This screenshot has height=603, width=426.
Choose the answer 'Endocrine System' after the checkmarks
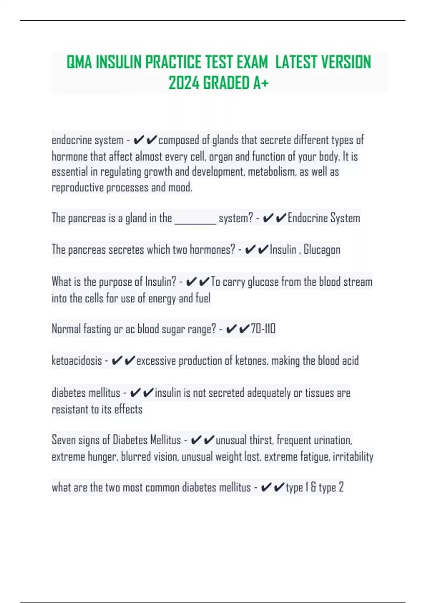coord(324,218)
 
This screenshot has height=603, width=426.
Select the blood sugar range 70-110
coord(263,329)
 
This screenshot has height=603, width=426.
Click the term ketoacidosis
coord(77,361)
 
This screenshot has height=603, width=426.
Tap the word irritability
coord(353,457)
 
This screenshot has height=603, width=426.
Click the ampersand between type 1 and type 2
coord(313,488)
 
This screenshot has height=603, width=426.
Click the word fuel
coord(203,298)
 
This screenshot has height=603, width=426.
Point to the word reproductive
coord(77,188)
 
